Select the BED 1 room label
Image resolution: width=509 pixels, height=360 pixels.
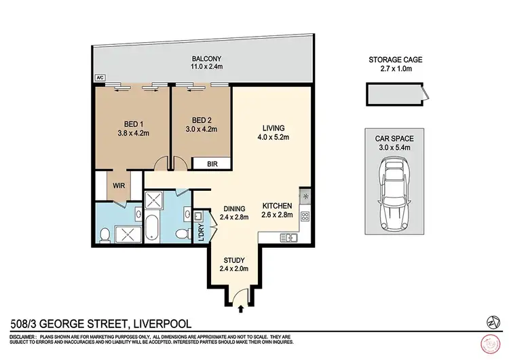(132, 124)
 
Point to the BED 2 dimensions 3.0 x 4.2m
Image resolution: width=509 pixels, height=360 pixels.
(200, 133)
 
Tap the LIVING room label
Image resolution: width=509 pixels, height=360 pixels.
(274, 128)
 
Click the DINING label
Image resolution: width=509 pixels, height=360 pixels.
(233, 209)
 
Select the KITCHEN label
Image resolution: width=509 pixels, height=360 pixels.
(278, 206)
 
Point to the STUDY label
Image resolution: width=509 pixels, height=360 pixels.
(234, 259)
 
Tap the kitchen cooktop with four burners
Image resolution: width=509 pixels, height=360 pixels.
(305, 217)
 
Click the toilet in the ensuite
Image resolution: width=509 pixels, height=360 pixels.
(105, 235)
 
